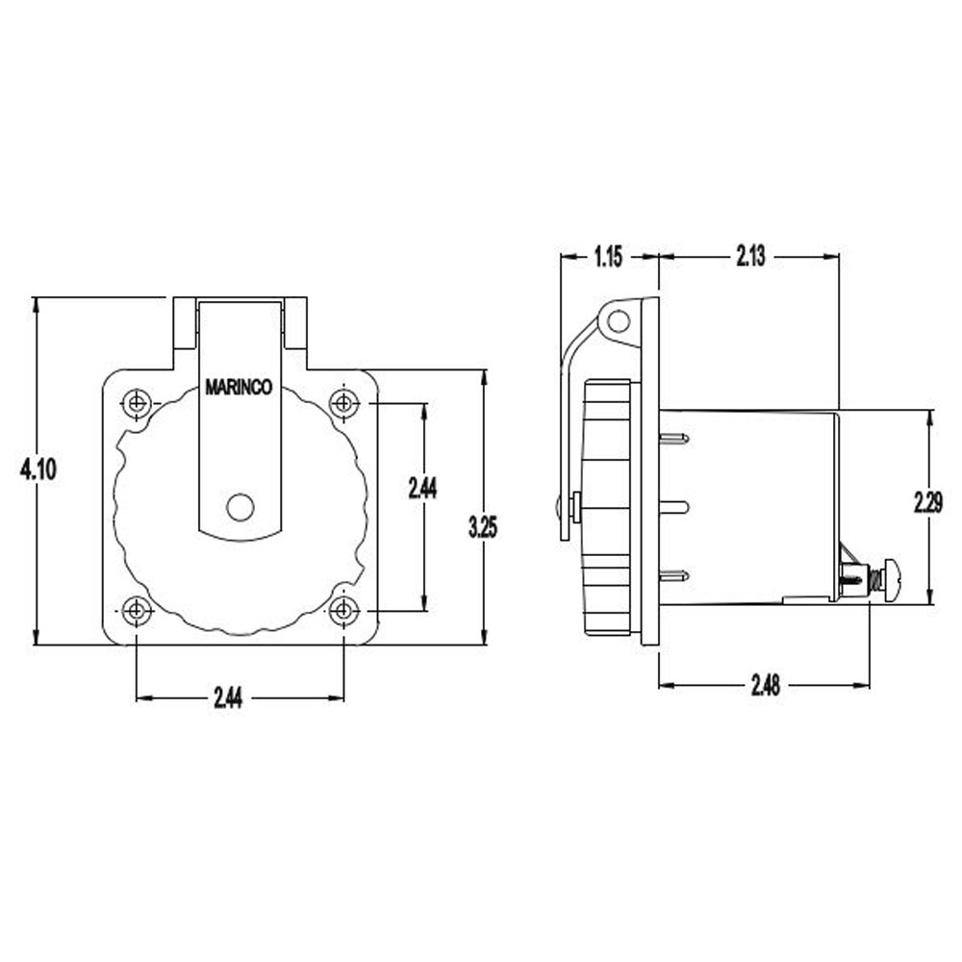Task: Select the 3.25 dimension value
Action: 484,526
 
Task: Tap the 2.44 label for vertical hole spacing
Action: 422,489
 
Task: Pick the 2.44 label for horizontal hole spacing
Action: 228,699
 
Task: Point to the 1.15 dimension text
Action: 608,257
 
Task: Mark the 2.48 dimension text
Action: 766,685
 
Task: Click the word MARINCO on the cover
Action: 239,389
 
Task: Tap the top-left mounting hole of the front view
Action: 138,402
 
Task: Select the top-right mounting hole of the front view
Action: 343,402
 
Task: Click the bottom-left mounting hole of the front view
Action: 138,611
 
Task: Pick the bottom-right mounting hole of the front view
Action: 343,611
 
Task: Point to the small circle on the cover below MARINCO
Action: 240,506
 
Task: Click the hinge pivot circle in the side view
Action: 619,320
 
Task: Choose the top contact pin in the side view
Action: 674,439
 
